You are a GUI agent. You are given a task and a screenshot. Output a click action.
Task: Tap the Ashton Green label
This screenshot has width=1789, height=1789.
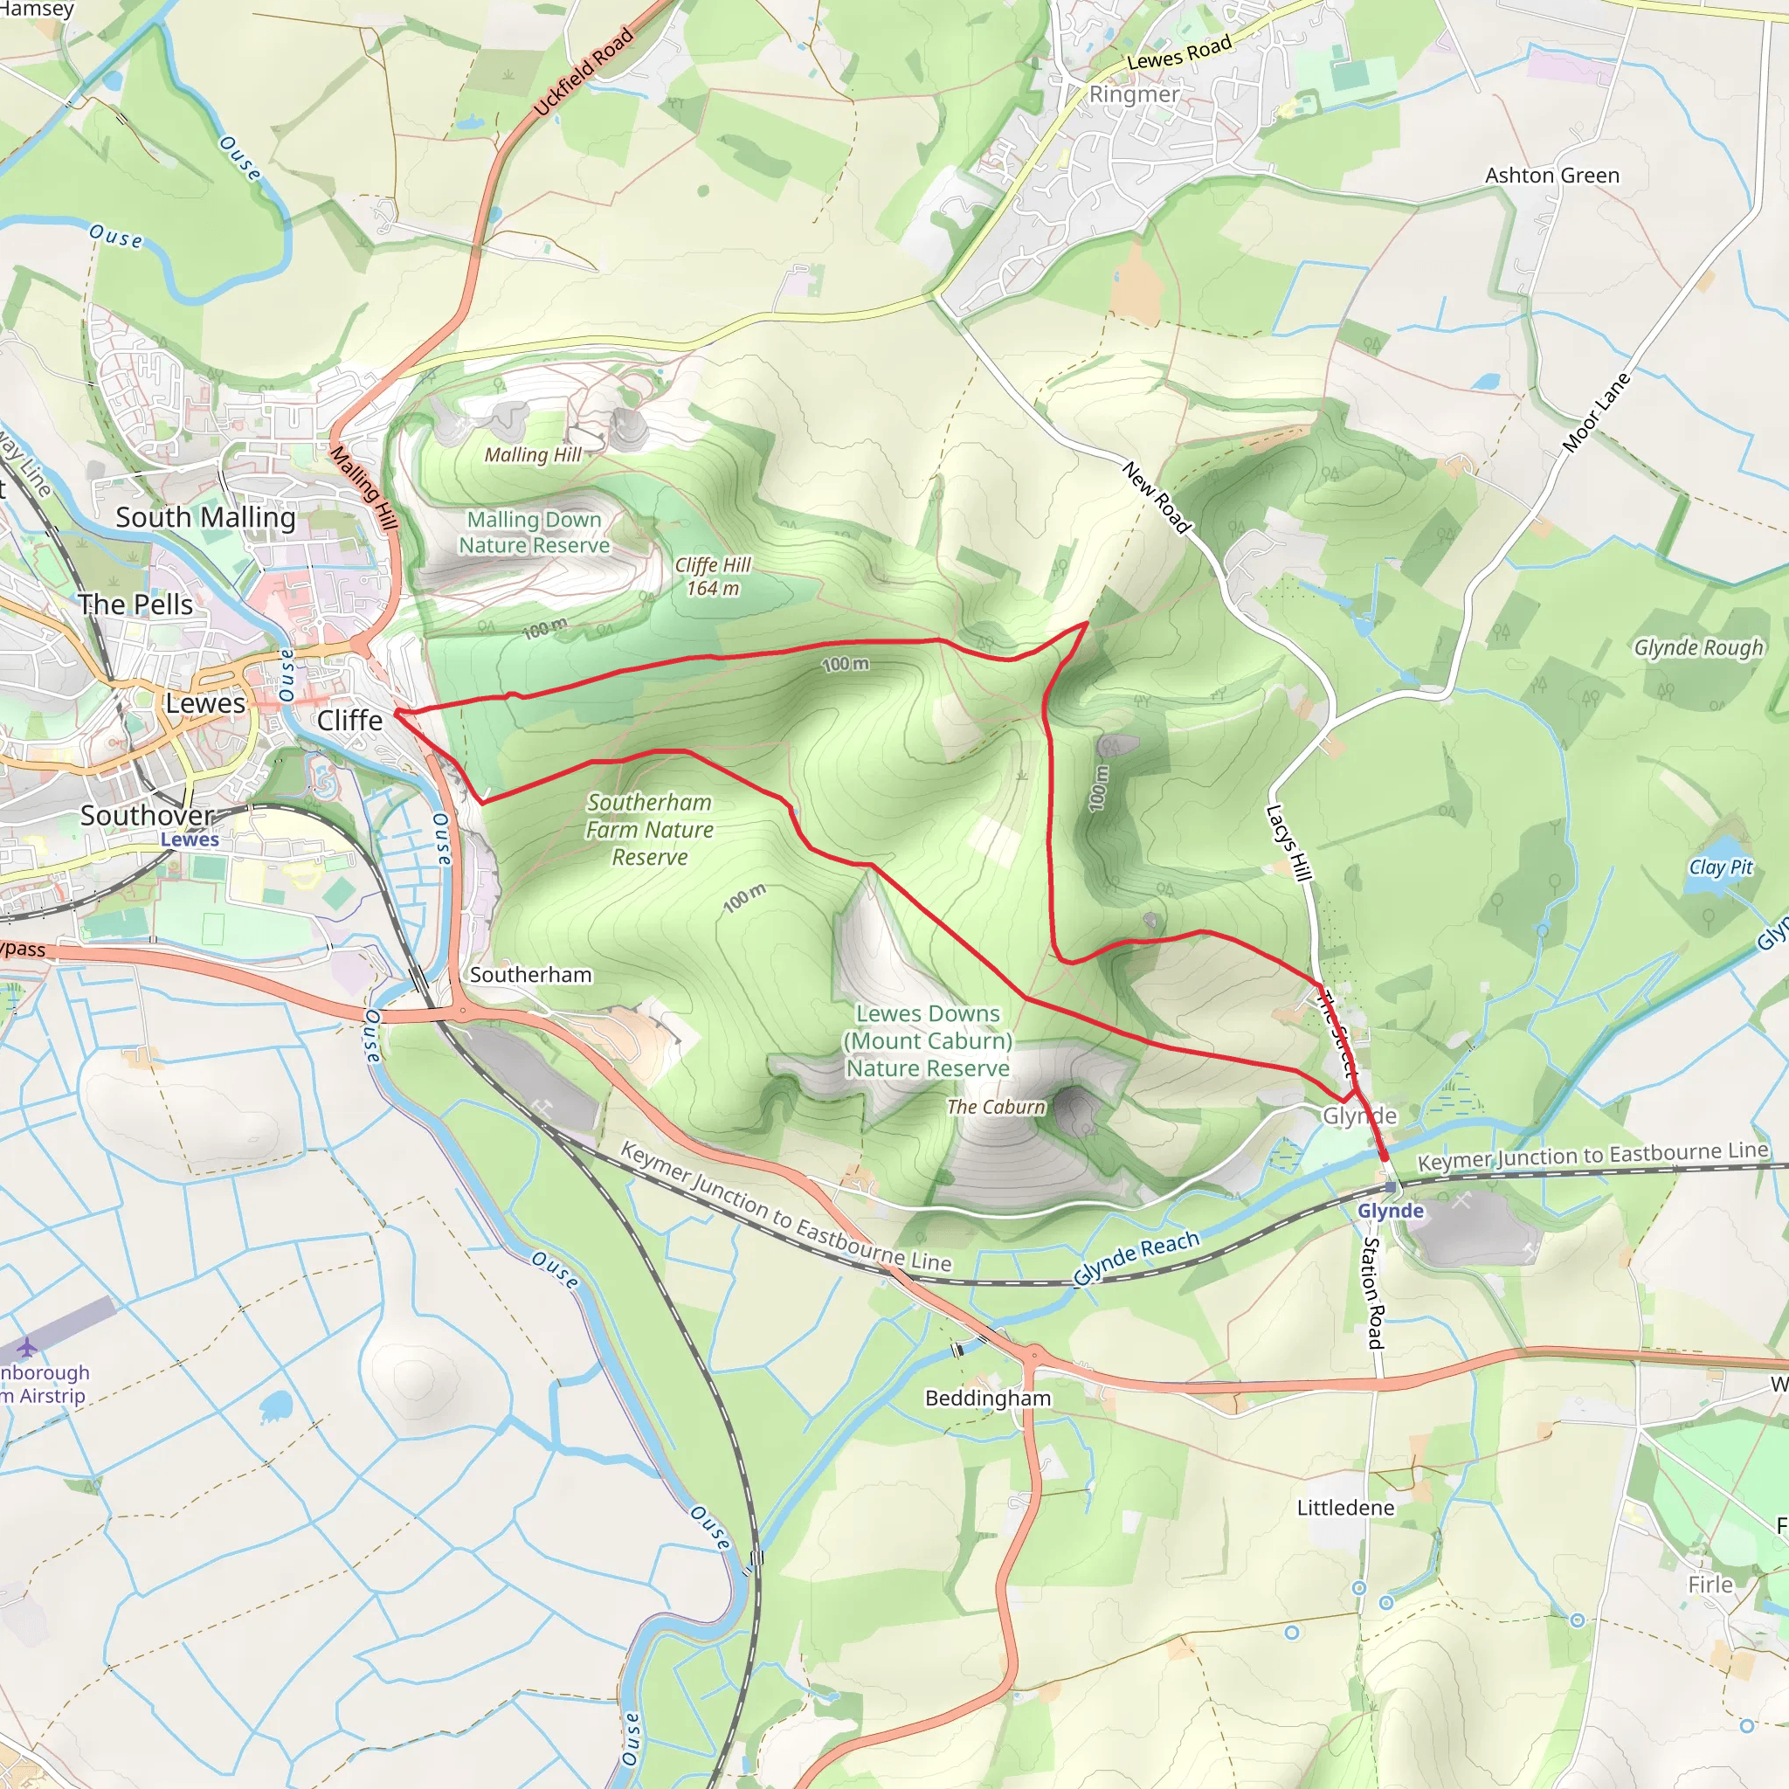[1552, 176]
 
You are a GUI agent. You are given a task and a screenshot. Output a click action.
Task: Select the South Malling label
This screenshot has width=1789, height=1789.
[205, 518]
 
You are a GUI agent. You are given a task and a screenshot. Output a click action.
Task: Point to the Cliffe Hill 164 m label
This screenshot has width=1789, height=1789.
[712, 576]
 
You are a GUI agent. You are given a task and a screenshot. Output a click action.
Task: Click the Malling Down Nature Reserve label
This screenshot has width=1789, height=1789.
[535, 533]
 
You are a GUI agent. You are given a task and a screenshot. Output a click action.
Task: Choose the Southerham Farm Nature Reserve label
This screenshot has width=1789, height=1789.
[649, 830]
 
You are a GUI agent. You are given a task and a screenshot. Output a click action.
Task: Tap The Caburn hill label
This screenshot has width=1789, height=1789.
[996, 1107]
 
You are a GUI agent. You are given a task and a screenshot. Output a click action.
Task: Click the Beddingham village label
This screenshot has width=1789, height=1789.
[988, 1399]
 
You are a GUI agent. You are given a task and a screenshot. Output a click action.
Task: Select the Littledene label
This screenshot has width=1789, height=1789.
[1344, 1508]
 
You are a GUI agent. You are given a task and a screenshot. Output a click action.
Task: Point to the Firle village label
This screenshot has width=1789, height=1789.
[1710, 1585]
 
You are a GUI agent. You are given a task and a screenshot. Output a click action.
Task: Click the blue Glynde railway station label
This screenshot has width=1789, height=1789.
[1390, 1212]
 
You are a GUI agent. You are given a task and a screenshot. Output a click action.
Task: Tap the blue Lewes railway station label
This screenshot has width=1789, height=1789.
[190, 839]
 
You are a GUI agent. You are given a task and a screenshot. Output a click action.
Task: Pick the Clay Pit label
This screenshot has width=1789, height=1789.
[1721, 867]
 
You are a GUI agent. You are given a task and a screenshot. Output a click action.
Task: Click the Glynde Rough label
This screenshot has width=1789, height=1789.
[1698, 647]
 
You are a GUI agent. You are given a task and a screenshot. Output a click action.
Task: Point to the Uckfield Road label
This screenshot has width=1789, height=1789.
[584, 73]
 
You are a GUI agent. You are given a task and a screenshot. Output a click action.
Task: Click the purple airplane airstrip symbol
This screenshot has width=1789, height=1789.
[28, 1346]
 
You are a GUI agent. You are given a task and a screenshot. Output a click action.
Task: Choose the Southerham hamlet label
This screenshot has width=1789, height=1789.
[530, 974]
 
